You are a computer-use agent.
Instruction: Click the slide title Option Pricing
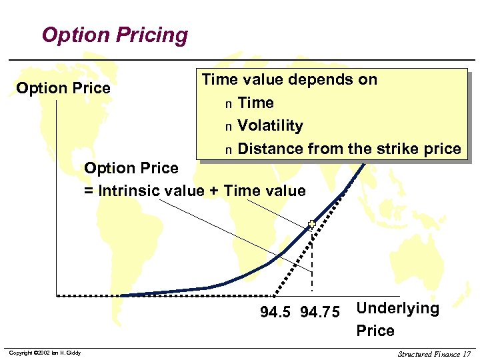pos(115,35)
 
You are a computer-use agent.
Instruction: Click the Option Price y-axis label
pos(63,88)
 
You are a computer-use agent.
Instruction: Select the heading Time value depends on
pos(289,80)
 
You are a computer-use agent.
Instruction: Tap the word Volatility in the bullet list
pos(270,125)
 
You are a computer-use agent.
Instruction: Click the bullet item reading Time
pos(255,103)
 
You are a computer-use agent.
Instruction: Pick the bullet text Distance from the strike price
pos(349,149)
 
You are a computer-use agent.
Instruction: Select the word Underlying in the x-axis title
pos(398,308)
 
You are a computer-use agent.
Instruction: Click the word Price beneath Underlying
pos(375,331)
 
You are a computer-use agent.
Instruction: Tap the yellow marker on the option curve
pos(311,225)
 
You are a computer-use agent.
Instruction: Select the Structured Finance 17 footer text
pos(434,353)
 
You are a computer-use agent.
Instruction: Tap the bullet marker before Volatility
pos(228,127)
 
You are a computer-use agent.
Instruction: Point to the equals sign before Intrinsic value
pos(89,191)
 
